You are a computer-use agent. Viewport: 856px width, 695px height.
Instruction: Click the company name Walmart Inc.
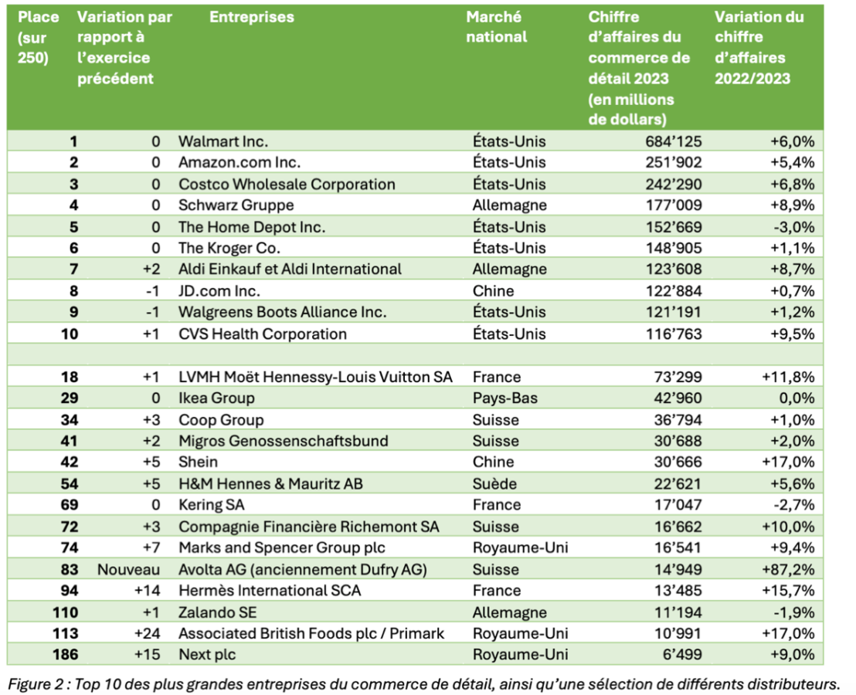coord(222,141)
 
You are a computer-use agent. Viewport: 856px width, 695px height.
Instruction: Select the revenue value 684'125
coord(674,141)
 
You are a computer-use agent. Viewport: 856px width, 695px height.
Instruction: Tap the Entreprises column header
coord(252,17)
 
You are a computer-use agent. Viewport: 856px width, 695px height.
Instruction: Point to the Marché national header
coord(496,27)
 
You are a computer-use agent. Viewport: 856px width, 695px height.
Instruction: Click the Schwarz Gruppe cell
coord(236,205)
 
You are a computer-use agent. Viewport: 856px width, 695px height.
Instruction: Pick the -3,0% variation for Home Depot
coord(793,227)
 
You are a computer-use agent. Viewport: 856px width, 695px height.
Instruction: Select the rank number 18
coord(70,377)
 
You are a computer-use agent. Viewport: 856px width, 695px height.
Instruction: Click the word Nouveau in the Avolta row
coord(128,570)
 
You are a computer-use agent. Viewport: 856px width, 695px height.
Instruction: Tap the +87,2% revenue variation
coord(788,570)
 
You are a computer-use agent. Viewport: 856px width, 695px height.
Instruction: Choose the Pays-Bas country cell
coord(505,398)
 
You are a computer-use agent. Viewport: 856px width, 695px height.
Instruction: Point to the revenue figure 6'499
coord(682,655)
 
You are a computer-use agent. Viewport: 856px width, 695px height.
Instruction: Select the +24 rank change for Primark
coord(148,633)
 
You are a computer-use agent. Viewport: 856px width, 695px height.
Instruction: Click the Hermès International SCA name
coord(270,591)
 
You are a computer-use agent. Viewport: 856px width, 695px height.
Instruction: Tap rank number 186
coord(66,655)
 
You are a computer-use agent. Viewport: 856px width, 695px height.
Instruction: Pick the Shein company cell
coord(199,462)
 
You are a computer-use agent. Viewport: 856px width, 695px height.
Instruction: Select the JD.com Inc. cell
coord(219,291)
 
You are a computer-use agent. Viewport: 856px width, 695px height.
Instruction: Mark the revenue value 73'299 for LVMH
coord(678,377)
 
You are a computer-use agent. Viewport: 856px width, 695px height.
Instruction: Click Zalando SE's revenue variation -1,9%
coord(793,612)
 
